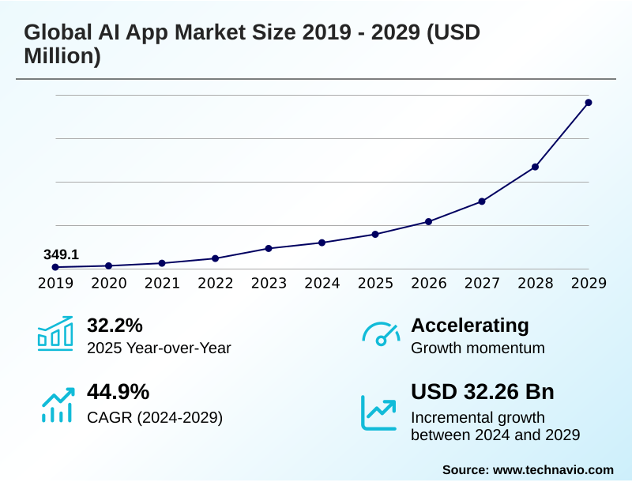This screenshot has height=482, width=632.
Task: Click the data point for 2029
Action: point(589,103)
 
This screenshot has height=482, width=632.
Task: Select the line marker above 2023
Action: point(269,248)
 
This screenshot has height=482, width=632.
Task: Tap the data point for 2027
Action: point(482,201)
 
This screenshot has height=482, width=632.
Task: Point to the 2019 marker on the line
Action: point(55,267)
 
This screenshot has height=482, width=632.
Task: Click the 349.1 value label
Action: point(61,254)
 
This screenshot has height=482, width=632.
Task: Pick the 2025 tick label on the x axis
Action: point(375,283)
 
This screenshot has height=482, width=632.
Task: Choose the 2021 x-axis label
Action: point(162,283)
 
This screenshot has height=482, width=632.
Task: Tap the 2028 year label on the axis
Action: point(535,283)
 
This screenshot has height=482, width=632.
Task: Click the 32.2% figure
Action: point(115,325)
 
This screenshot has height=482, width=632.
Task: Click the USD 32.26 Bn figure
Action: point(483,392)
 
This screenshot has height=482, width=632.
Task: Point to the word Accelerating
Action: point(470,325)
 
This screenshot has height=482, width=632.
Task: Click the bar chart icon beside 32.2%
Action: point(55,333)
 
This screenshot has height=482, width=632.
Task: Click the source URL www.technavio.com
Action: point(553,469)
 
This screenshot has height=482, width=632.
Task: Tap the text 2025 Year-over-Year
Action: point(159,348)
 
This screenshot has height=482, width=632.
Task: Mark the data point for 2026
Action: point(428,221)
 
